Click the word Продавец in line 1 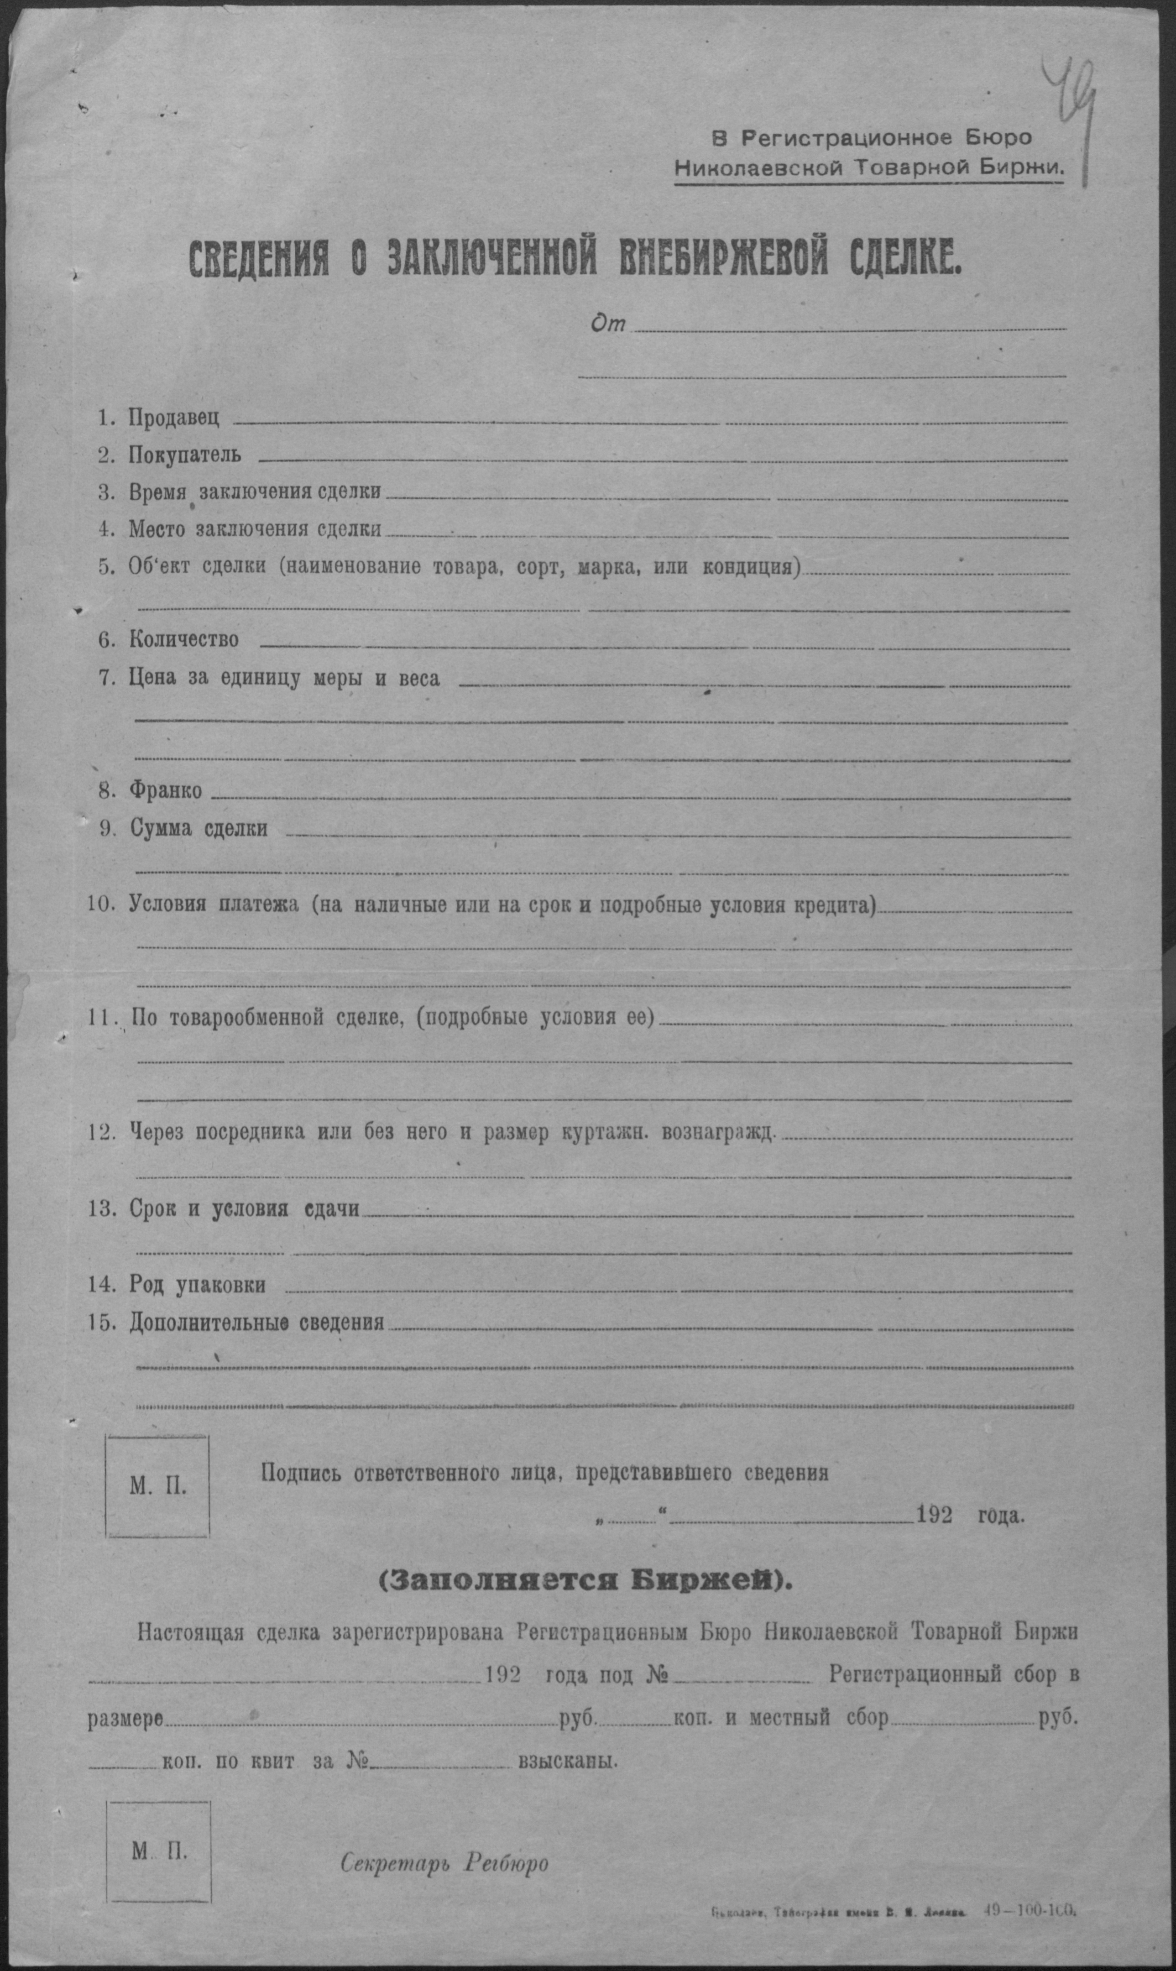(173, 418)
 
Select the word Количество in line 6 (184, 639)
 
